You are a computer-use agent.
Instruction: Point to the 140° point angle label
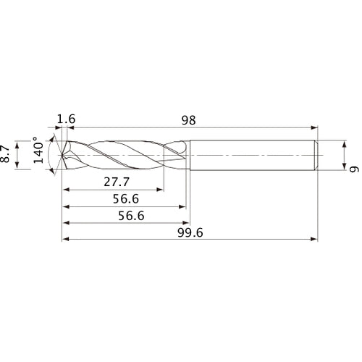coord(38,154)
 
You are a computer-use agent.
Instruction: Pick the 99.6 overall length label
coord(190,232)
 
